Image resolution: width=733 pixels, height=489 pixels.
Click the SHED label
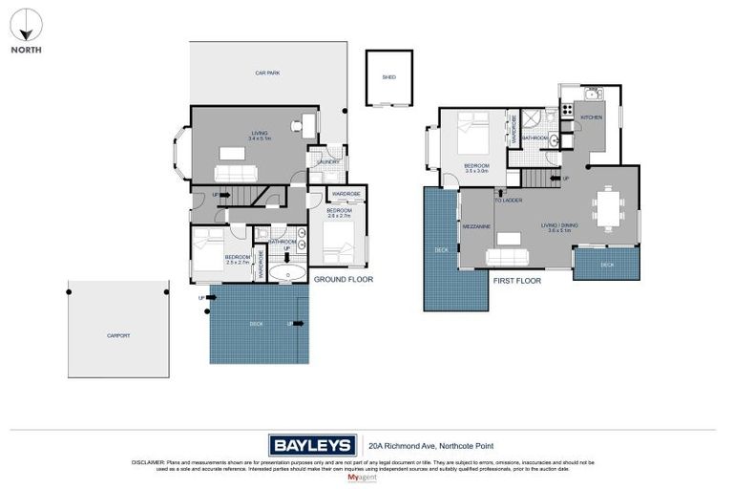coord(388,76)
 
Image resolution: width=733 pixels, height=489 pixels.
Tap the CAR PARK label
coord(266,73)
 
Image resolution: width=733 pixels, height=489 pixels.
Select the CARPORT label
coord(117,335)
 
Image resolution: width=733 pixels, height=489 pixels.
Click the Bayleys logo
coord(311,444)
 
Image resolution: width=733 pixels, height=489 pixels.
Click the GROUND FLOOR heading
coord(343,280)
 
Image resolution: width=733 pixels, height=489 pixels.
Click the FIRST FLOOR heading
coord(517,282)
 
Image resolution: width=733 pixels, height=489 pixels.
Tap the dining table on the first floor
coord(606,209)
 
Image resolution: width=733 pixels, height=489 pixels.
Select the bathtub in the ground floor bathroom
coord(285,275)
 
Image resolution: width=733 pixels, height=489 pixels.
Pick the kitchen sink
coord(592,94)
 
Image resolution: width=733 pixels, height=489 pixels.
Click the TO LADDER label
coord(507,201)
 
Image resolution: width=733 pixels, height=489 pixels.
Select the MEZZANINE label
coord(476,227)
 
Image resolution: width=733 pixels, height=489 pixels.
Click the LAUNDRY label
coord(328,162)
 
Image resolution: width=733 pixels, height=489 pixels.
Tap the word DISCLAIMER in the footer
coord(151,461)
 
